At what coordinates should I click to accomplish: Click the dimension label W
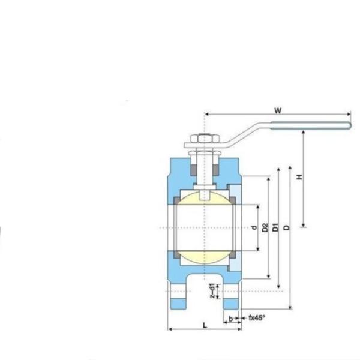tap(277, 110)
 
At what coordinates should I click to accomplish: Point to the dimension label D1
tap(275, 227)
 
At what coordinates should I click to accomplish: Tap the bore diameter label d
tap(254, 227)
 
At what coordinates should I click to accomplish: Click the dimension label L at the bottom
tap(205, 325)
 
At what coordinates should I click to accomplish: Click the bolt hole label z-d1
tap(212, 290)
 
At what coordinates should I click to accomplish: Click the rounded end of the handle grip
tap(348, 126)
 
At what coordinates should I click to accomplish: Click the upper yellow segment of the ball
tap(205, 198)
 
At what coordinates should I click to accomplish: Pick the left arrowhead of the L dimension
tap(170, 329)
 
